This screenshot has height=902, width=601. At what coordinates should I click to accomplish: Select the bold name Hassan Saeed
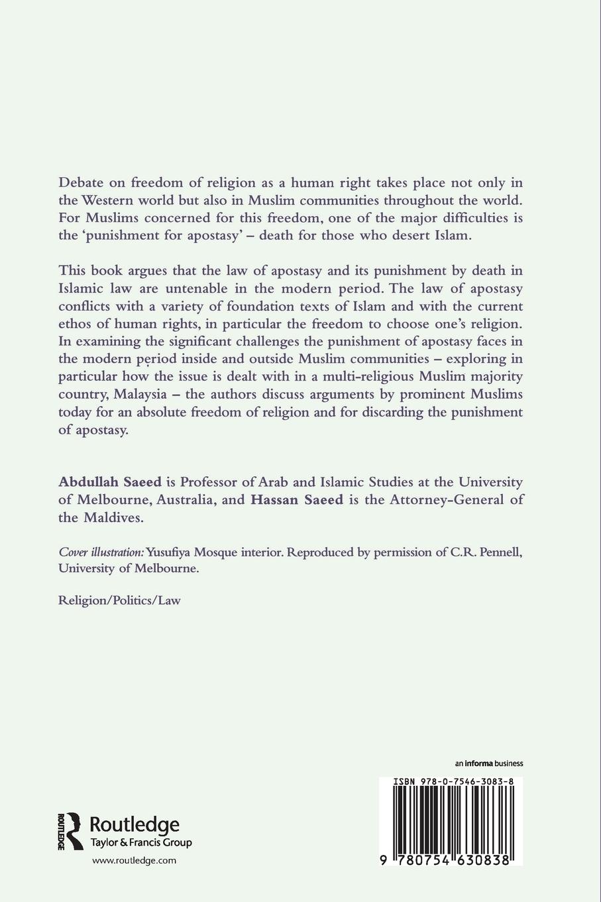coord(297,499)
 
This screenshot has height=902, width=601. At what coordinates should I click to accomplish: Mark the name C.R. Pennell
coord(488,552)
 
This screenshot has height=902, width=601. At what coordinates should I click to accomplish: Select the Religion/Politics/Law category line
coord(119,600)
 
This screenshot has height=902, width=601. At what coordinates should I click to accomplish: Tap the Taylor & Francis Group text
coord(141,843)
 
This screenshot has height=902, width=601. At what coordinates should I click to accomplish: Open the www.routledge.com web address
coord(134,860)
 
